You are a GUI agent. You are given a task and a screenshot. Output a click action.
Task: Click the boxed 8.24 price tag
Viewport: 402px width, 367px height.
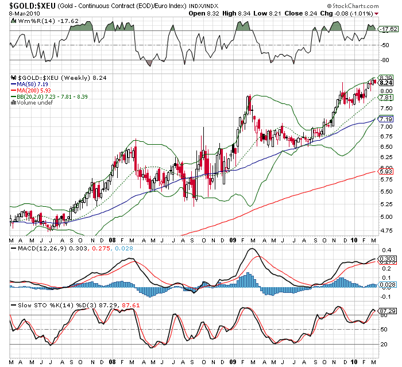[x=385, y=83]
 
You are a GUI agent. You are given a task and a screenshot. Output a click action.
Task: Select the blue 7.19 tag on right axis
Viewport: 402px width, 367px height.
[x=385, y=119]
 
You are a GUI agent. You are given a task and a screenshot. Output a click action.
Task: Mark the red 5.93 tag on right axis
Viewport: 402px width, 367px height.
[x=385, y=171]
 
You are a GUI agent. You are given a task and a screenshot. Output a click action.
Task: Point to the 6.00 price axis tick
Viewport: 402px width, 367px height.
[x=385, y=163]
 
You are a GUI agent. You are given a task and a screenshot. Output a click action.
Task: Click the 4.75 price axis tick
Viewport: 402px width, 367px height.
[x=385, y=230]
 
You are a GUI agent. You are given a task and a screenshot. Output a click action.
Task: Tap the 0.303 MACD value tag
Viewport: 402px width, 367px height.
[x=386, y=260]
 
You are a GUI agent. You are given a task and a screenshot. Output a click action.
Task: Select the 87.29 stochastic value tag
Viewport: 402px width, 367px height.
[x=386, y=311]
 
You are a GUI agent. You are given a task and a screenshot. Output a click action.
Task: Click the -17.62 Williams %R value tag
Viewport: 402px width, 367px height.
[x=387, y=28]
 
